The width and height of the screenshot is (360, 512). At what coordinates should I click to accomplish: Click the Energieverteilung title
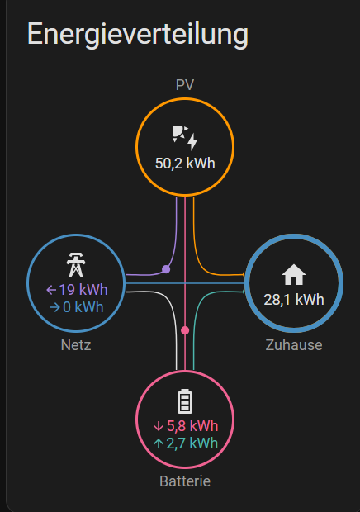click(138, 35)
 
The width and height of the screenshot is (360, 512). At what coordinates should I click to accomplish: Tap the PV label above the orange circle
click(185, 85)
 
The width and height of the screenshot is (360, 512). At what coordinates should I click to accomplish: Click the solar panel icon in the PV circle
click(185, 138)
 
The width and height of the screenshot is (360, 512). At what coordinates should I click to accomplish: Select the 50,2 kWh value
click(185, 164)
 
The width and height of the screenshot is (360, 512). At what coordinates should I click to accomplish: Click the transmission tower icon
click(76, 264)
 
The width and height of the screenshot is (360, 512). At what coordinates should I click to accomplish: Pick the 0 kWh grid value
click(83, 307)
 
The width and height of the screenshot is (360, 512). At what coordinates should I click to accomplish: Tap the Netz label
click(76, 345)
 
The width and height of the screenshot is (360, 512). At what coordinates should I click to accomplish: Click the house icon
click(294, 274)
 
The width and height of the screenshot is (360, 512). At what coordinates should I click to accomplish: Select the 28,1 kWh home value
click(294, 300)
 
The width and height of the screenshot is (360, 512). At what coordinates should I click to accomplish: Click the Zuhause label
click(294, 345)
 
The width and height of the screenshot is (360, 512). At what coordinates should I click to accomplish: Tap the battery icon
click(185, 401)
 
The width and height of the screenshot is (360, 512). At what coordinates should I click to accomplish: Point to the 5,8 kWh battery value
click(192, 426)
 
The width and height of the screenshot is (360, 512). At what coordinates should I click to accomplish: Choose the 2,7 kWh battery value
click(192, 443)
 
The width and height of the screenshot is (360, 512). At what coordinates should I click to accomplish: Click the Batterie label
click(185, 481)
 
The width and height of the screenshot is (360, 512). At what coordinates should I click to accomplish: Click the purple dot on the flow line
click(166, 269)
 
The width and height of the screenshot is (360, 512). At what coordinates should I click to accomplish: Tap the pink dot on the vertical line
click(185, 330)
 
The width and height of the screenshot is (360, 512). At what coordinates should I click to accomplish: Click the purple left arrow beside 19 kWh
click(51, 290)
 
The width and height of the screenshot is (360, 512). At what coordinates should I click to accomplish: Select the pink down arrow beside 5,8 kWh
click(159, 426)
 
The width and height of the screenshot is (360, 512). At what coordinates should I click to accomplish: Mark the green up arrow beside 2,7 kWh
click(159, 443)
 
